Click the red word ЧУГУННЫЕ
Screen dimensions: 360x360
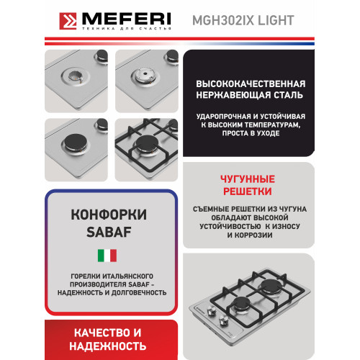pyautogui.click(x=246, y=179)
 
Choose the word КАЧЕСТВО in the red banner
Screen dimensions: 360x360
pyautogui.click(x=84, y=333)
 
